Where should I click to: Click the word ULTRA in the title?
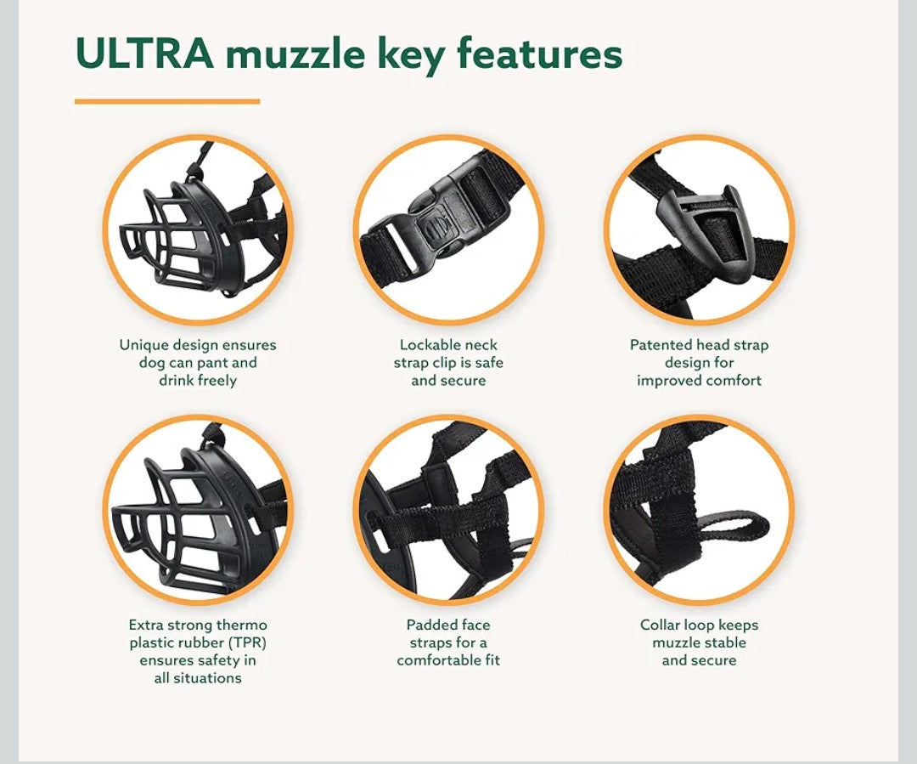pyautogui.click(x=143, y=54)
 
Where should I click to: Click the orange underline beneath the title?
pyautogui.click(x=166, y=101)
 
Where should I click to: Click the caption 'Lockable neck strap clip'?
pyautogui.click(x=448, y=363)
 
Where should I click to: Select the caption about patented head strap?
pyautogui.click(x=699, y=363)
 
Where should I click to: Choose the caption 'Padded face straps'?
pyautogui.click(x=448, y=642)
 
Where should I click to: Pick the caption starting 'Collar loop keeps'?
pyautogui.click(x=699, y=642)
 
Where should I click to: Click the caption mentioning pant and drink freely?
pyautogui.click(x=198, y=363)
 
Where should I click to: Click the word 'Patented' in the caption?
pyautogui.click(x=661, y=345)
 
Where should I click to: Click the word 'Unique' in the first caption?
pyautogui.click(x=143, y=345)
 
